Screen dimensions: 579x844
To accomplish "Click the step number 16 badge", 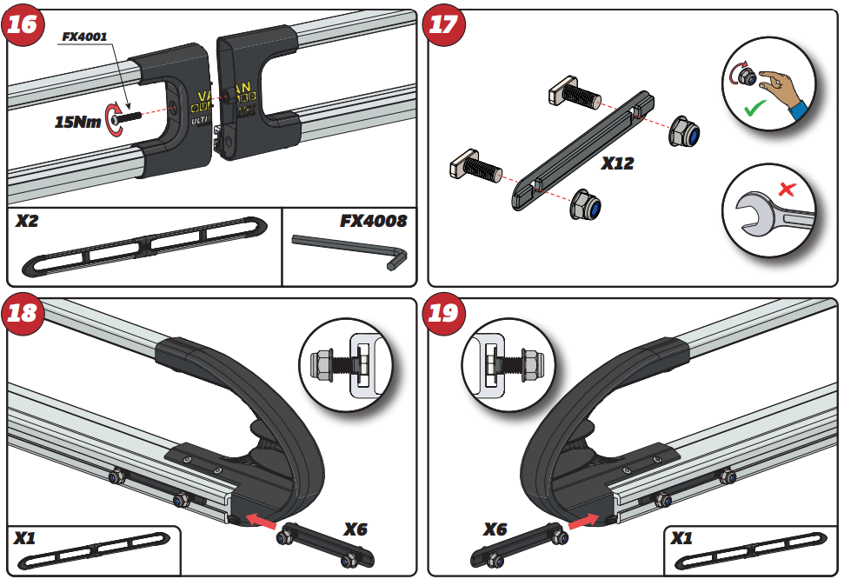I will pyautogui.click(x=23, y=23).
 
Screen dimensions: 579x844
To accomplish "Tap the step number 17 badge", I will pyautogui.click(x=443, y=23).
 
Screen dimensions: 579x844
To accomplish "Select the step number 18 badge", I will pyautogui.click(x=23, y=312).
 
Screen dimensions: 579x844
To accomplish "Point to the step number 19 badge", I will pyautogui.click(x=443, y=312).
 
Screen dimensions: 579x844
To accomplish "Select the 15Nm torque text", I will pyautogui.click(x=77, y=123).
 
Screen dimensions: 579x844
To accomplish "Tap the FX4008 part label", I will pyautogui.click(x=373, y=221).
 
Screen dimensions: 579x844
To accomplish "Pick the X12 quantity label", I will pyautogui.click(x=617, y=163).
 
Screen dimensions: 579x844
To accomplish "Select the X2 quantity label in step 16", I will pyautogui.click(x=29, y=222).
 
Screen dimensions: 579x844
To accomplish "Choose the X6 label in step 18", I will pyautogui.click(x=356, y=529).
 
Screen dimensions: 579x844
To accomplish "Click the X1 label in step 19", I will pyautogui.click(x=682, y=539).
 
